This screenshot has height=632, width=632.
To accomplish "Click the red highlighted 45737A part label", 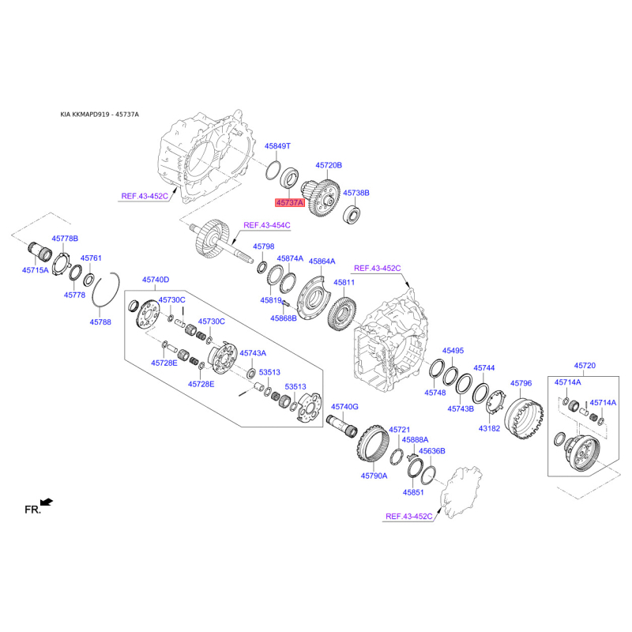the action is [289, 202].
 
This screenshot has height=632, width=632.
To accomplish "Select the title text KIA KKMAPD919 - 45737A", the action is [100, 115].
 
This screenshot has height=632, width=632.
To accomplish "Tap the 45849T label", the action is [277, 146].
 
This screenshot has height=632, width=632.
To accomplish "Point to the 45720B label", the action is [329, 166].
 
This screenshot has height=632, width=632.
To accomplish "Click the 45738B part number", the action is [356, 193].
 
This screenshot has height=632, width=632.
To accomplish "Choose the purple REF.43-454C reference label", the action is [267, 225].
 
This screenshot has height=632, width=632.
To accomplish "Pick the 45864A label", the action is [322, 261].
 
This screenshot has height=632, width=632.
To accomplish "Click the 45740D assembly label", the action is [156, 280].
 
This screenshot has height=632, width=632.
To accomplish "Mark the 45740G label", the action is [345, 406].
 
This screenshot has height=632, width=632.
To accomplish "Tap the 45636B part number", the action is [432, 451].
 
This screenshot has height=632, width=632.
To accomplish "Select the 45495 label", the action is [453, 350].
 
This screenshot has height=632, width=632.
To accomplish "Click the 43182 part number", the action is [490, 428].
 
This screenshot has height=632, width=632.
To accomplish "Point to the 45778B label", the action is [65, 238].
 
